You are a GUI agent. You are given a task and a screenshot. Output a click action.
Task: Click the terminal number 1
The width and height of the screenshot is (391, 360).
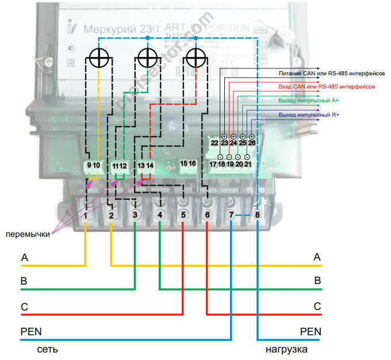pos(86,215)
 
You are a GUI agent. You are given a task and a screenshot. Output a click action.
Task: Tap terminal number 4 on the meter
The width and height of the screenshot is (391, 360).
pos(160,215)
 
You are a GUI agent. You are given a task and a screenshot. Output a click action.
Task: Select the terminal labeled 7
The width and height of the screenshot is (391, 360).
pos(231,215)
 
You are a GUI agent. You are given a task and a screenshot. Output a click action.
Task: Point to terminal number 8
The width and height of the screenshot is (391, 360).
pos(257,215)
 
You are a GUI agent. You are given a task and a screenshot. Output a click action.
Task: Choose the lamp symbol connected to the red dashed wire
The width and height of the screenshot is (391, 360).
pos(197,58)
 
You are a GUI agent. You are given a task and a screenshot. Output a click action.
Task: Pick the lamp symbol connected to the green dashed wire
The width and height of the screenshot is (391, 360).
pos(148,58)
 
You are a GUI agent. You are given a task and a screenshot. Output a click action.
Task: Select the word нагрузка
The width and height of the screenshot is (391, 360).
pos(286,349)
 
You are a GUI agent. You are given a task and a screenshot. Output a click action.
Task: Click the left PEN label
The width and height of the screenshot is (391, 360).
pos(31,332)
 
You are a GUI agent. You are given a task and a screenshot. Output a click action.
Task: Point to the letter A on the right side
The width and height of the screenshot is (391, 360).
pos(317,258)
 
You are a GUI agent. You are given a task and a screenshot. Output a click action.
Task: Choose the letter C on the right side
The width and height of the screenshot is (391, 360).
pos(317,307)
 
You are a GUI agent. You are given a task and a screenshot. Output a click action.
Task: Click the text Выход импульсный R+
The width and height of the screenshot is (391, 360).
pos(309,115)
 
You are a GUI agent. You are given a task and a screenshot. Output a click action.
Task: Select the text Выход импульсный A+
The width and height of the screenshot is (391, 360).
pos(309,101)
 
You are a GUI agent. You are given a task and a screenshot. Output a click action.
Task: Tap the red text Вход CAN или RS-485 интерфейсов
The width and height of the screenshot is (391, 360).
pos(327,87)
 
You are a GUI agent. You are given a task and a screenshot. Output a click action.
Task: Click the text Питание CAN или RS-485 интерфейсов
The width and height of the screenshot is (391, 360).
pos(328,74)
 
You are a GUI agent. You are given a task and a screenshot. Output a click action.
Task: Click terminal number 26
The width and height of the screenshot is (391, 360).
pos(252,143)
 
